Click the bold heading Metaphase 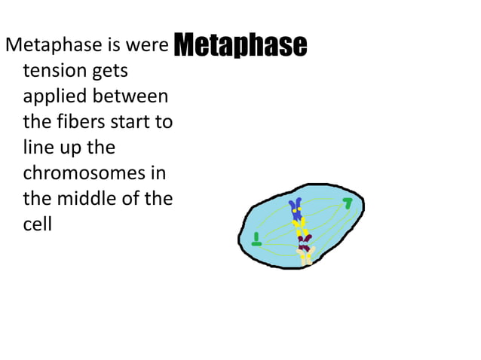coord(240,45)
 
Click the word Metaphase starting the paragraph coord(53,46)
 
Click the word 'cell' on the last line coord(37,224)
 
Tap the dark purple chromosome coord(304,243)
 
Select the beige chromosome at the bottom coord(307,257)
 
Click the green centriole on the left coord(256,240)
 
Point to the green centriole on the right coord(348,203)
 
